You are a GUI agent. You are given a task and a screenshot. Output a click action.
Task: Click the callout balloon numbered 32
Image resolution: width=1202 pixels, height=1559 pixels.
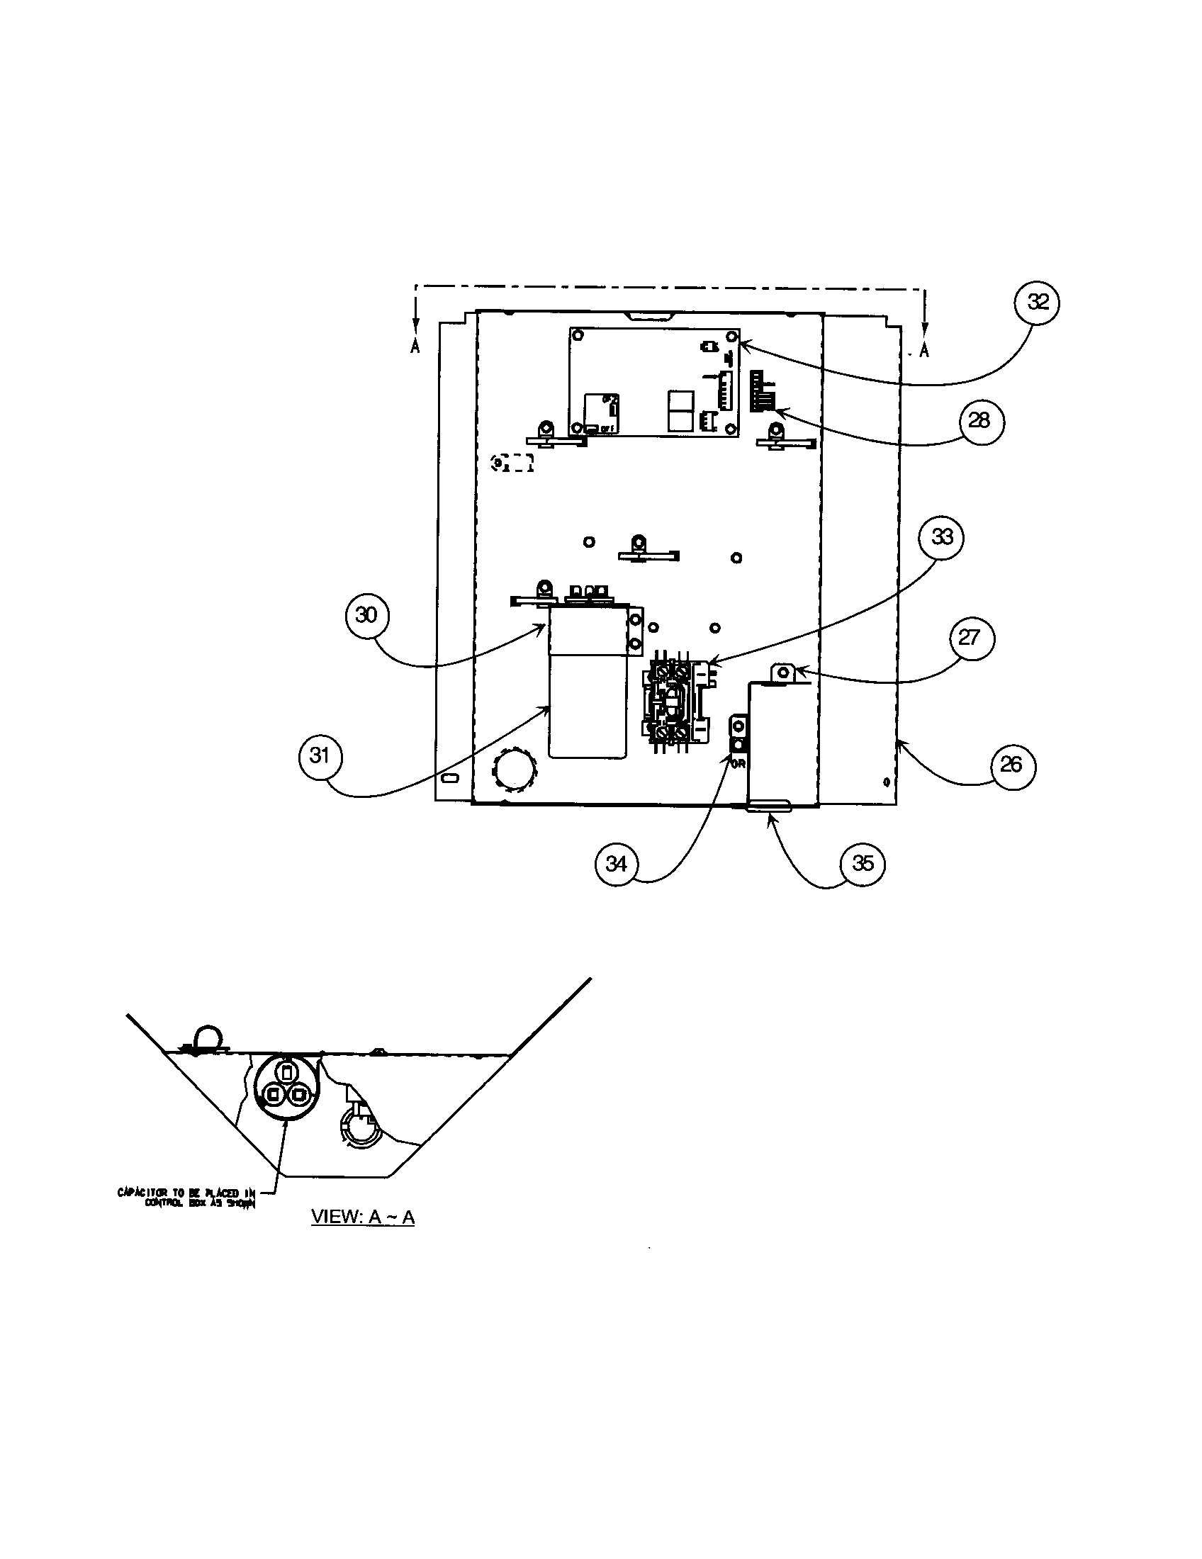coord(1037,303)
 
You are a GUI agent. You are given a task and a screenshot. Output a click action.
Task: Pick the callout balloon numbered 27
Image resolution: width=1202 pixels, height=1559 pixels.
coord(969,638)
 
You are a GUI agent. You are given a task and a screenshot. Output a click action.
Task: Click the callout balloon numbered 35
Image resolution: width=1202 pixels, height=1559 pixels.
coord(863,863)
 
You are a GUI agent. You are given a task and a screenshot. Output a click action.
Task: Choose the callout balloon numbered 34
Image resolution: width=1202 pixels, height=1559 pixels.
coord(616,863)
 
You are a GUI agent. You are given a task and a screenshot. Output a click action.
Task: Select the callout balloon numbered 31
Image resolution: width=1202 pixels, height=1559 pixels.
coord(320,755)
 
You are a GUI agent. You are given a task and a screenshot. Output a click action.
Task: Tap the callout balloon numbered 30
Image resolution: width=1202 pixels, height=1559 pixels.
coord(366,614)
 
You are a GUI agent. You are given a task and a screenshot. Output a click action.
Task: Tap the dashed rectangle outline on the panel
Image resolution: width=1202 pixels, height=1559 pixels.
coord(513,463)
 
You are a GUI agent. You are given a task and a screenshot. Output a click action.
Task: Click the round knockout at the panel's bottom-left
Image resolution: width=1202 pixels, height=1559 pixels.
coord(513,770)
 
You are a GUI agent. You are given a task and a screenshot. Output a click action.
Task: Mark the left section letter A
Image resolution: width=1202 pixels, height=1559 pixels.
coord(415,348)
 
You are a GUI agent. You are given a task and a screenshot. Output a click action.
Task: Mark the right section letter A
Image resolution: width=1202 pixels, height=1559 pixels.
coord(924,351)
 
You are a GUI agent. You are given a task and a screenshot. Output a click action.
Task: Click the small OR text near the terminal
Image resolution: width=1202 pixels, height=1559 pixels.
coord(738,764)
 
